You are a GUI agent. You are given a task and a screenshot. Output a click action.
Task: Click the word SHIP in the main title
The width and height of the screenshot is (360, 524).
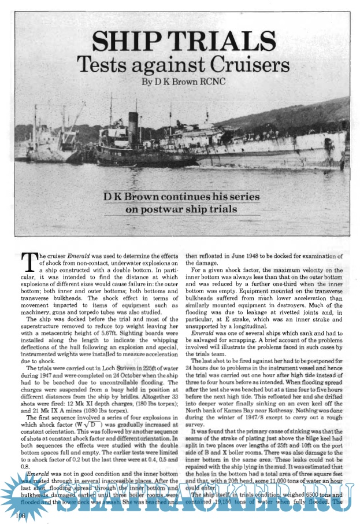128,41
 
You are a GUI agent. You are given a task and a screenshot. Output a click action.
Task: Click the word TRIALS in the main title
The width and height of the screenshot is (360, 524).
223,41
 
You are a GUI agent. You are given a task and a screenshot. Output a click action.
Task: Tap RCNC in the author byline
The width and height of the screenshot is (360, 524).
209,82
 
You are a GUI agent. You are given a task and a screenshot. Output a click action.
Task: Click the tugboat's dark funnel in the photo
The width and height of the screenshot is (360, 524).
133,124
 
